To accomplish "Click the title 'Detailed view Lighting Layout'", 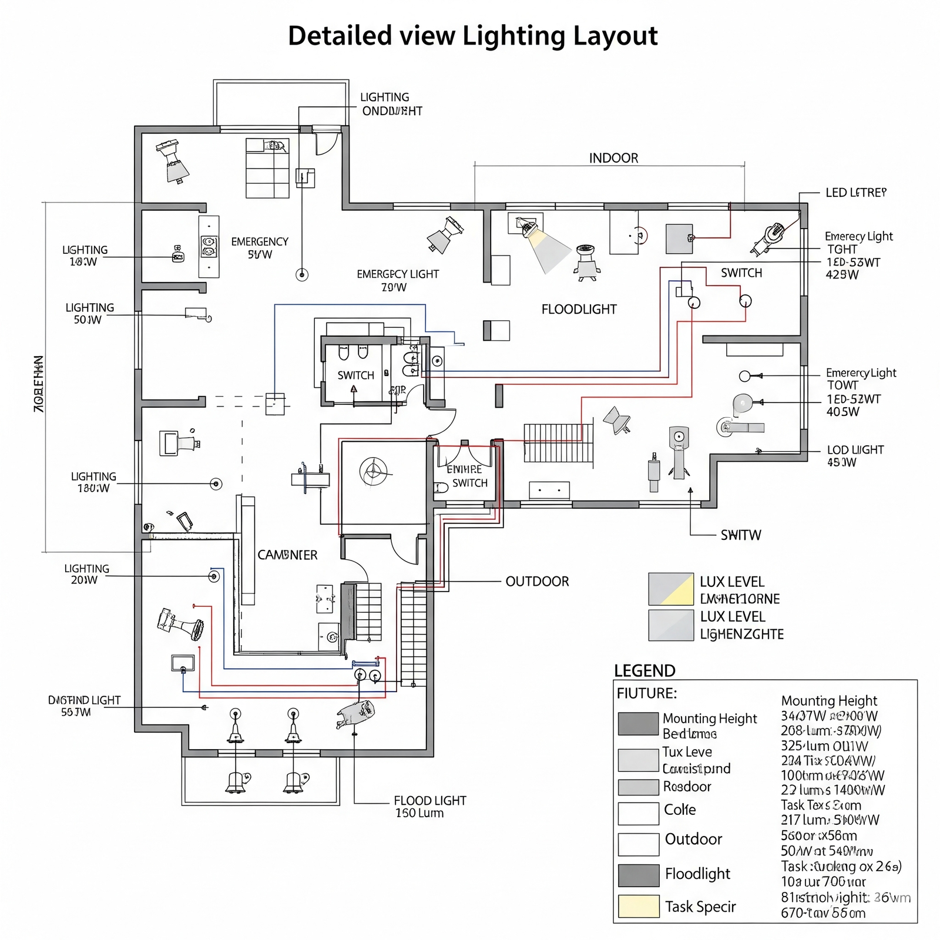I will [472, 36].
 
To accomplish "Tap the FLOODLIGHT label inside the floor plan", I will [579, 310].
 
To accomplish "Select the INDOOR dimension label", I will [613, 158].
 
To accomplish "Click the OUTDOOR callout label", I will [537, 582].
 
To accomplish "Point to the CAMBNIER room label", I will [287, 555].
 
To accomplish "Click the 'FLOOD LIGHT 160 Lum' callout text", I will [429, 807].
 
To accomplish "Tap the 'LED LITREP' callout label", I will [855, 193].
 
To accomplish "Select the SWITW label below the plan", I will [741, 535].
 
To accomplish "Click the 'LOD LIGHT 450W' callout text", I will [855, 456].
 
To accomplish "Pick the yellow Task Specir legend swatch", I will [638, 906].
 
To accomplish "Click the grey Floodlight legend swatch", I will [638, 875].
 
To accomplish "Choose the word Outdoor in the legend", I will [693, 839].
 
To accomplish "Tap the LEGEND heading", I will [644, 670].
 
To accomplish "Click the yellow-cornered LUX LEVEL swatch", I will [671, 589].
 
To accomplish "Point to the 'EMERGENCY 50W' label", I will [260, 248].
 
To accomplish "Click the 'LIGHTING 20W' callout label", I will [86, 574].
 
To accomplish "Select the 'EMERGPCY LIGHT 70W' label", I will [398, 280].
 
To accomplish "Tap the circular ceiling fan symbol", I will [373, 471].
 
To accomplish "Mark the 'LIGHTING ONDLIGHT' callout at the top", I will [391, 104].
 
